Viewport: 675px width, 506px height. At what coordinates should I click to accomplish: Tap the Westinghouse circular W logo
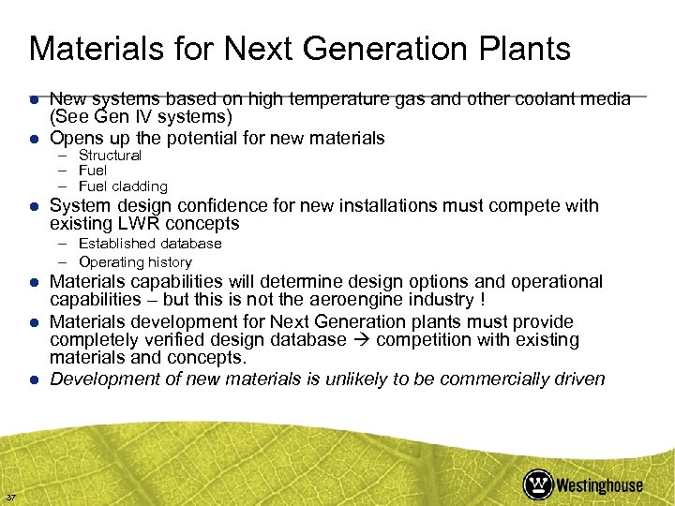pos(538,484)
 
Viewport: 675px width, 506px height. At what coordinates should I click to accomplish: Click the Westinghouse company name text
pos(599,484)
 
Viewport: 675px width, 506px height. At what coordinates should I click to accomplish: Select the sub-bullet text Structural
pos(110,156)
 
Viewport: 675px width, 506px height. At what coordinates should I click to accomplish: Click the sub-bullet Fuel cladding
pos(123,186)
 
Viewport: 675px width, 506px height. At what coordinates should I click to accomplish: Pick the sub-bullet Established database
pos(150,244)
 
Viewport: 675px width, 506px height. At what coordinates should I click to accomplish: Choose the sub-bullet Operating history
pos(135,262)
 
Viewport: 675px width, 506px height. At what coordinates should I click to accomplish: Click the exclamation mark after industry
pos(482,300)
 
